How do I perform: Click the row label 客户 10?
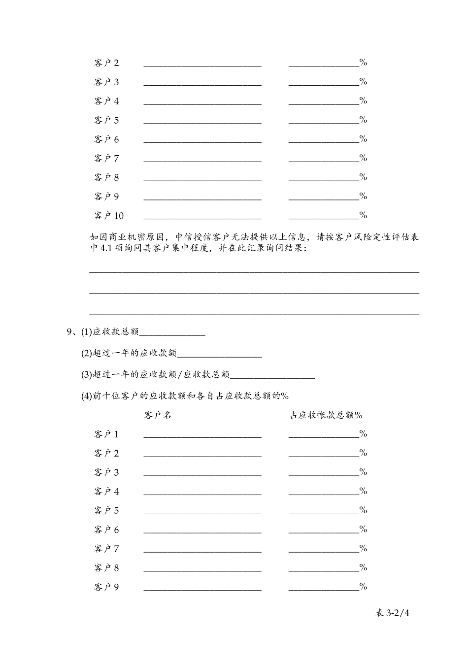click(x=109, y=216)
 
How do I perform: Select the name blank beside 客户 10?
click(x=202, y=216)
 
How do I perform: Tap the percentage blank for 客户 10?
click(x=324, y=216)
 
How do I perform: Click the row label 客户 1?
click(x=106, y=434)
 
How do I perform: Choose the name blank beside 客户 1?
click(x=202, y=434)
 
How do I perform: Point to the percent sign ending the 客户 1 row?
click(x=364, y=434)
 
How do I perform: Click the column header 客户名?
click(x=158, y=415)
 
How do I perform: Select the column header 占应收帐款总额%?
click(x=326, y=415)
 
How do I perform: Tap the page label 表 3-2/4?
click(x=393, y=613)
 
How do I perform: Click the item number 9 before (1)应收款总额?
click(x=69, y=332)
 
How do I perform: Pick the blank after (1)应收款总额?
click(x=172, y=333)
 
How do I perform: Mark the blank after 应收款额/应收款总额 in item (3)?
click(x=272, y=375)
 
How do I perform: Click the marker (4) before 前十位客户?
click(x=87, y=396)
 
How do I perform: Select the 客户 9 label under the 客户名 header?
click(x=106, y=587)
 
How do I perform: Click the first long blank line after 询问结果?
click(x=254, y=271)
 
